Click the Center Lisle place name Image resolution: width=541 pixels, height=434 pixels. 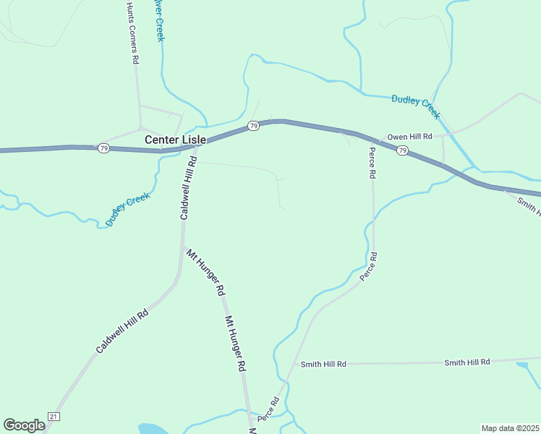tap(175, 139)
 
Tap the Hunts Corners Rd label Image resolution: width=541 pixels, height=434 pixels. tap(132, 33)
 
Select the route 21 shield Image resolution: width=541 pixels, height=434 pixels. tap(53, 416)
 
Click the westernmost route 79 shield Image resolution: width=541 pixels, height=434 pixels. tap(104, 148)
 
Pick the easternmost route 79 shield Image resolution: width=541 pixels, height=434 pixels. tap(402, 150)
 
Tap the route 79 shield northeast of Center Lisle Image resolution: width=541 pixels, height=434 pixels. tap(253, 126)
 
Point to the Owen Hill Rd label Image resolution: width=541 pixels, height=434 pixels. tap(409, 137)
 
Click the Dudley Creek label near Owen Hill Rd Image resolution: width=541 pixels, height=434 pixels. tap(416, 106)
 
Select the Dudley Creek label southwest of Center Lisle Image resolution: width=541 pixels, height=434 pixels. tap(127, 210)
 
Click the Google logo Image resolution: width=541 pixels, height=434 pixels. tap(25, 425)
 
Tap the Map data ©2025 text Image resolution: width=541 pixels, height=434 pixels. tap(510, 428)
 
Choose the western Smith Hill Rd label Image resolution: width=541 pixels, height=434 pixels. tap(323, 364)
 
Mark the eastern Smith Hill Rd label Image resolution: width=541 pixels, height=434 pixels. tap(467, 362)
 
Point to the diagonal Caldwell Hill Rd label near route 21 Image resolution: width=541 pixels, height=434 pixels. tap(122, 331)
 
